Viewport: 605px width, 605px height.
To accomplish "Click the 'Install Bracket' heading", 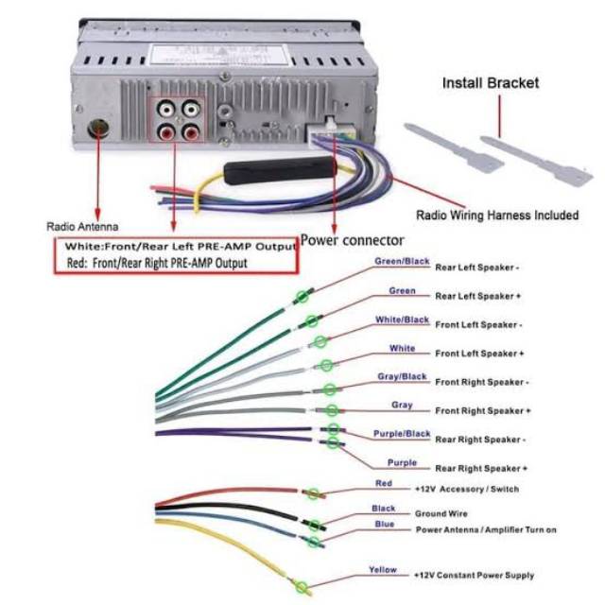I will [x=491, y=83].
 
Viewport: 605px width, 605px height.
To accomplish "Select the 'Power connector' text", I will [x=353, y=240].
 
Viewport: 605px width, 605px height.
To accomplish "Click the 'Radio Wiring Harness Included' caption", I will [x=497, y=215].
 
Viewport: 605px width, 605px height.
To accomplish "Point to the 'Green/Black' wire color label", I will [x=403, y=261].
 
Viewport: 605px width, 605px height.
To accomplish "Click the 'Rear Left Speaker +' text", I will [x=478, y=296].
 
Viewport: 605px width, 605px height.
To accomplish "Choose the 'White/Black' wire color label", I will [x=402, y=320].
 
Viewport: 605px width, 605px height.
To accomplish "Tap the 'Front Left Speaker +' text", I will [x=479, y=354].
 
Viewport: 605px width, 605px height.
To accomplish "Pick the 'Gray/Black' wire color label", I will [x=402, y=376].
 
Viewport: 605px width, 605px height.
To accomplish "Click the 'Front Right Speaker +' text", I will [x=482, y=411].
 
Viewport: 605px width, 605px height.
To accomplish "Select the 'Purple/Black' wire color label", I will [x=402, y=434].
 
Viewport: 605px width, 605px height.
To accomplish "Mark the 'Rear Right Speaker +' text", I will [x=481, y=468].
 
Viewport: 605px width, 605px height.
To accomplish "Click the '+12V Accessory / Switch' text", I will [x=466, y=490].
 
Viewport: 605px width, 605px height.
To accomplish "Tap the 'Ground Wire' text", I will [x=442, y=514].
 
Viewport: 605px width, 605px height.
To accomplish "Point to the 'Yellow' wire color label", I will [x=383, y=570].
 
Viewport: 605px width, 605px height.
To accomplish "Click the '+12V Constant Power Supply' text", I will [x=474, y=575].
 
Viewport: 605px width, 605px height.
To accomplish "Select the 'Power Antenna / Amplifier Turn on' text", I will [x=486, y=530].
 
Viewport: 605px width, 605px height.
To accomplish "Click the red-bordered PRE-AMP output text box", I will [x=175, y=255].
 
